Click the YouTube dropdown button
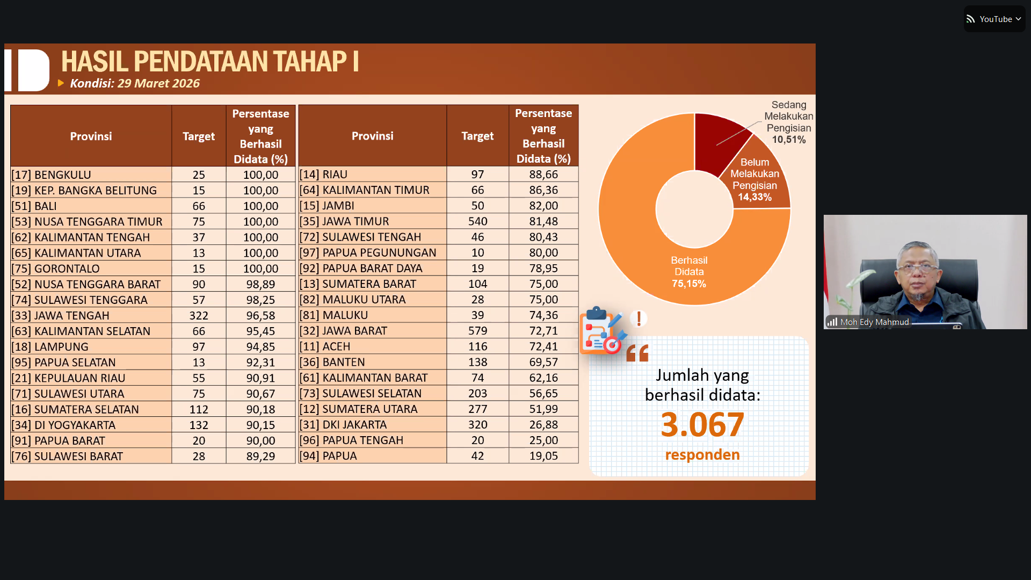coord(994,19)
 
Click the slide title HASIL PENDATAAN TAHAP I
coord(209,62)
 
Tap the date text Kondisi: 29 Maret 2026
coord(134,84)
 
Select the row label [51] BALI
coord(34,206)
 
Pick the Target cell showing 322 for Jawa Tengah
coord(199,316)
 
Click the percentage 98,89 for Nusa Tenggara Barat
coord(260,285)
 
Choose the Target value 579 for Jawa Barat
coord(477,331)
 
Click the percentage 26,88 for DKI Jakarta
coord(543,425)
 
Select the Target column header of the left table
coord(199,136)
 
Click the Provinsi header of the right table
coord(372,136)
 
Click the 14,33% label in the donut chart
coord(754,197)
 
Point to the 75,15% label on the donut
coord(689,284)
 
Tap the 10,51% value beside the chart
coord(789,140)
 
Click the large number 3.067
coord(702,425)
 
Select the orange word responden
coord(702,455)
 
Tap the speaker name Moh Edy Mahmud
coord(874,322)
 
